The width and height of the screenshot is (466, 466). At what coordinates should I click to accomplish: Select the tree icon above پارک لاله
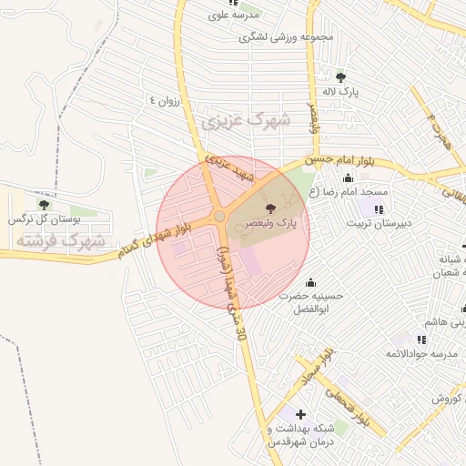tap(340, 77)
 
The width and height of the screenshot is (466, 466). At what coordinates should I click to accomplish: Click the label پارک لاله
tap(346, 93)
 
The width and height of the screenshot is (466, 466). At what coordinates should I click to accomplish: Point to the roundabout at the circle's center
tap(220, 216)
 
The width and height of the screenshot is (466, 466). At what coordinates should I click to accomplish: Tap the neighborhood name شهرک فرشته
tap(60, 241)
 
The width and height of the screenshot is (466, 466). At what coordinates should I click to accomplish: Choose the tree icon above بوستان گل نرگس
tap(44, 206)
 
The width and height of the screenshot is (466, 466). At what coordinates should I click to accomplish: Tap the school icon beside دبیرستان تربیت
tap(379, 209)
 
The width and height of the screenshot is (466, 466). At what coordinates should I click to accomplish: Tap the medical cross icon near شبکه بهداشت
tap(300, 414)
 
